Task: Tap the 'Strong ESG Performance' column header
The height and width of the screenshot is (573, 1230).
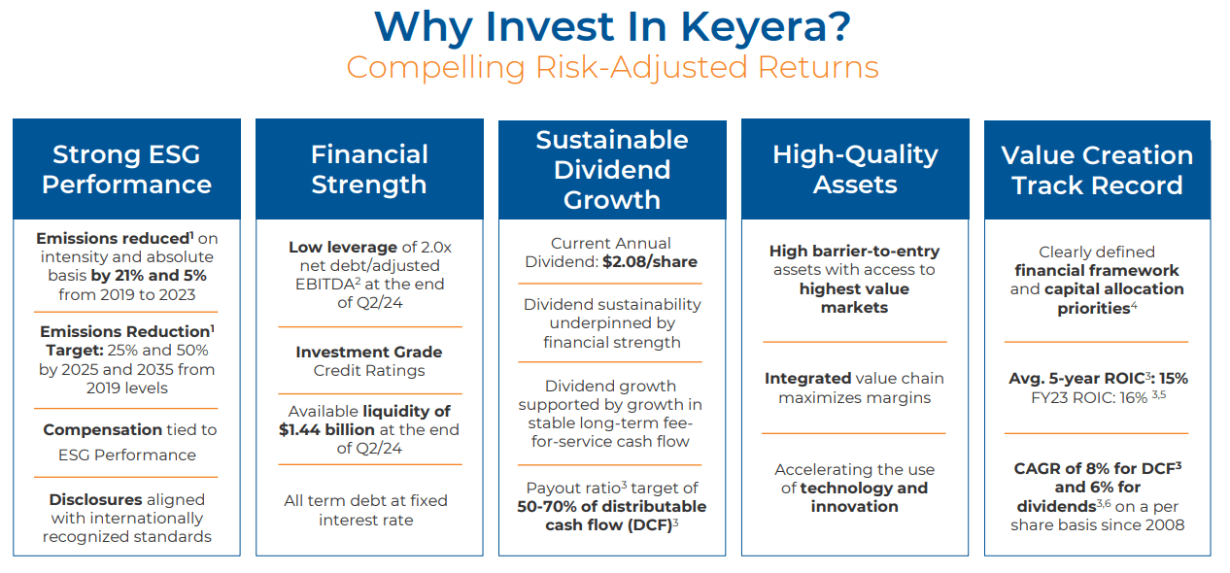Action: tap(126, 169)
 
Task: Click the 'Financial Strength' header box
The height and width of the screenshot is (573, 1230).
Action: tap(369, 169)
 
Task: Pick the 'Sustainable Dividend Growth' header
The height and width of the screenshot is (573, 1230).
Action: tap(612, 169)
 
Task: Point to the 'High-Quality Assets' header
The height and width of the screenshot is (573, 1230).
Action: tap(855, 169)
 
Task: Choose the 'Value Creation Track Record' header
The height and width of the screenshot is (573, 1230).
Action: tap(1097, 170)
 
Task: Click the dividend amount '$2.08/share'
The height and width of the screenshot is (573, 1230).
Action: tap(650, 261)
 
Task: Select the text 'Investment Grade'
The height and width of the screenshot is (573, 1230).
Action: tap(369, 352)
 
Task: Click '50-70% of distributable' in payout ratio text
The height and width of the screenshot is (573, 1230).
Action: tap(612, 506)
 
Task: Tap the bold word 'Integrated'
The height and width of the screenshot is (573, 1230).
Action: tap(805, 378)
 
